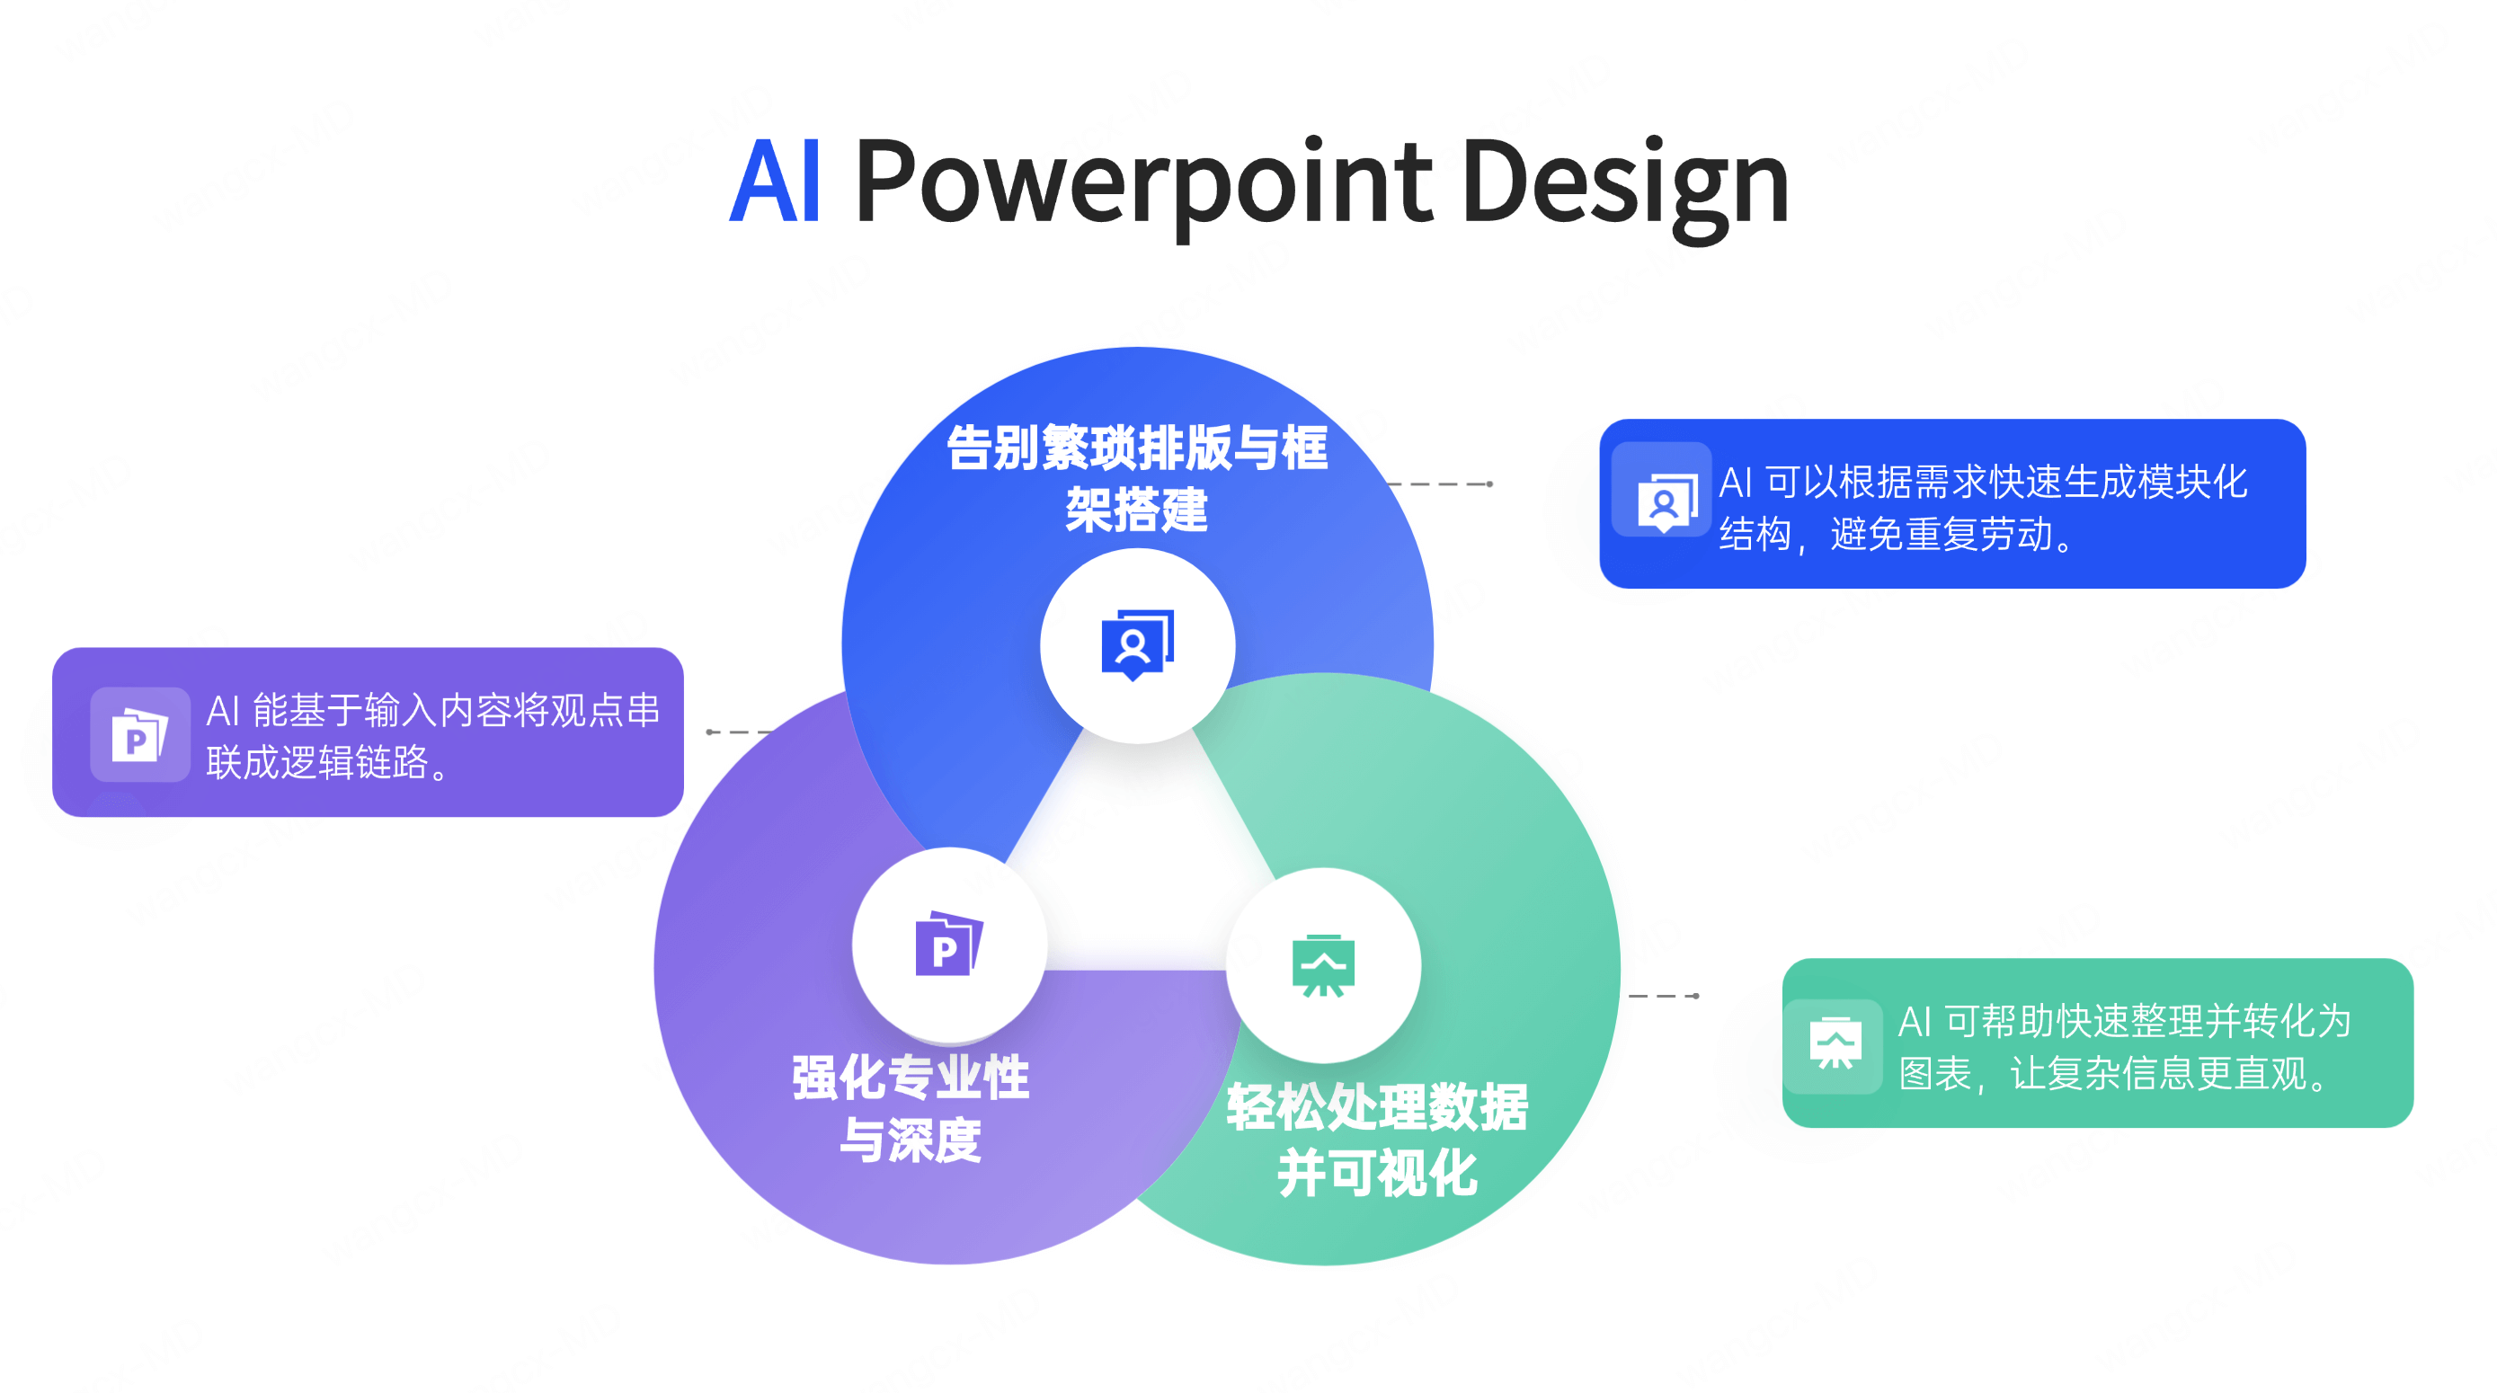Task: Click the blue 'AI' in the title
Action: (x=775, y=182)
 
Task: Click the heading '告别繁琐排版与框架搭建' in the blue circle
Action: (x=1137, y=478)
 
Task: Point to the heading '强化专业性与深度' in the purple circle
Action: (x=911, y=1108)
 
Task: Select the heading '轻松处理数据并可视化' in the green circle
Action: (x=1377, y=1139)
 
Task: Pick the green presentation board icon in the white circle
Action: (x=1323, y=964)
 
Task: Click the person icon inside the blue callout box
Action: (x=1665, y=501)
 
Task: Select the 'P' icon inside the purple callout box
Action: (x=138, y=736)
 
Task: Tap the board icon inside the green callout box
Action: (x=1834, y=1043)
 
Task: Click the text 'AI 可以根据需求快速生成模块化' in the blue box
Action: (x=1982, y=482)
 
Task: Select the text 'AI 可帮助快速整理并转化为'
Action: (x=2124, y=1021)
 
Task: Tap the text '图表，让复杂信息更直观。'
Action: (x=2114, y=1073)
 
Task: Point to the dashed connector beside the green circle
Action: (x=1664, y=996)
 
